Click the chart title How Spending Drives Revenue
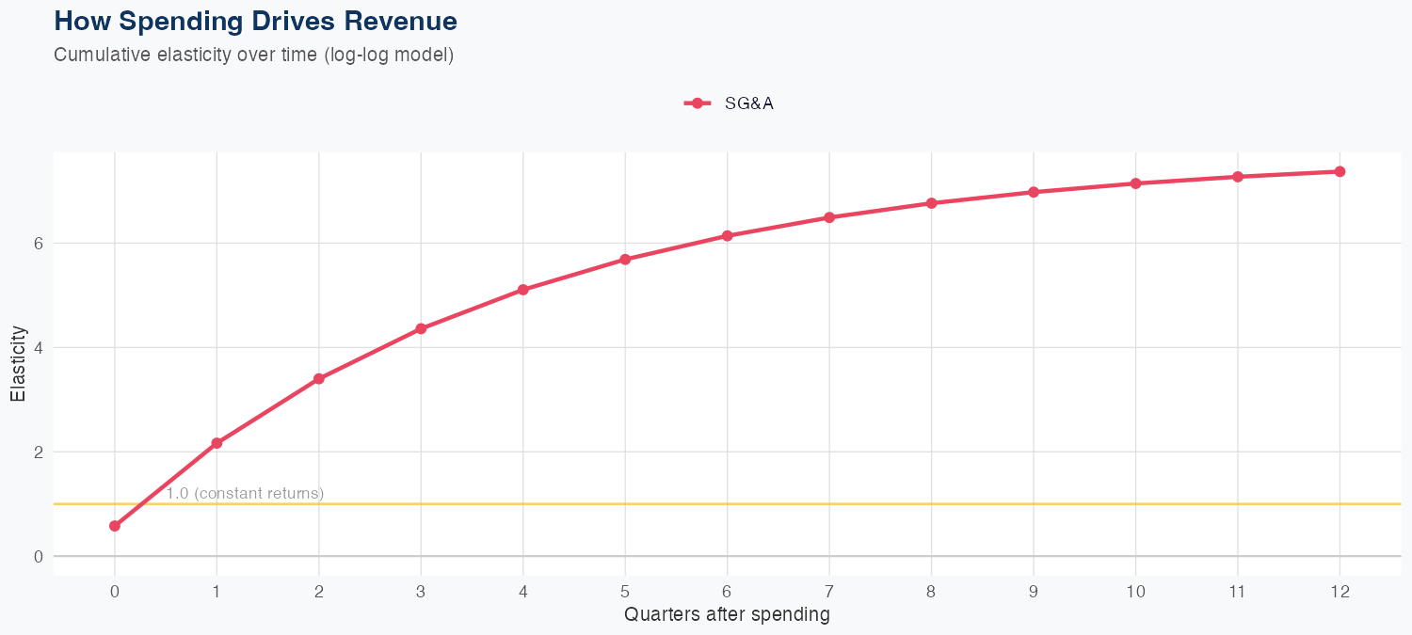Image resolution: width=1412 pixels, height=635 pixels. (x=256, y=21)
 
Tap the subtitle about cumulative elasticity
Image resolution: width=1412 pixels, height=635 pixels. (x=254, y=55)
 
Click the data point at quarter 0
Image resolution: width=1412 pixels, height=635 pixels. (x=115, y=526)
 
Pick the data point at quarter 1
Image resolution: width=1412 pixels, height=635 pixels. (x=217, y=443)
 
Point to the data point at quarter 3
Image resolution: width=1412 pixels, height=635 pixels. (x=421, y=328)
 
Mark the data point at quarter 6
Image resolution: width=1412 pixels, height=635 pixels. (x=727, y=235)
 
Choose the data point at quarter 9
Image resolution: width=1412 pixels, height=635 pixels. (x=1034, y=192)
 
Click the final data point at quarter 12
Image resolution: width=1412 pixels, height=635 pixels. (x=1340, y=171)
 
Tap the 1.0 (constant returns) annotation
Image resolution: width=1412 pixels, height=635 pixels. (x=245, y=493)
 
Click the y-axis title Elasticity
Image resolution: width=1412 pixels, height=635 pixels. (x=18, y=363)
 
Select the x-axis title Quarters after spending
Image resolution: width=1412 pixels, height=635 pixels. (x=727, y=615)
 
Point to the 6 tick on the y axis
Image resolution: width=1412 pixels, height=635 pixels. (x=39, y=243)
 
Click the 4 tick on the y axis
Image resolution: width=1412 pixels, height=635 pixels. (x=39, y=347)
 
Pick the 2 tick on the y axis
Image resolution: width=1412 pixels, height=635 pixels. (x=39, y=452)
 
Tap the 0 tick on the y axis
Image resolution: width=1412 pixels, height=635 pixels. (x=39, y=556)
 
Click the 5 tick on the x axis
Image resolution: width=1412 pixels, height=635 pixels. (x=625, y=592)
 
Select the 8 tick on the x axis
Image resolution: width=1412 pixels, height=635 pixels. (x=931, y=592)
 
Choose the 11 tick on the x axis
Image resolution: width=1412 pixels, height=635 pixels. (x=1237, y=592)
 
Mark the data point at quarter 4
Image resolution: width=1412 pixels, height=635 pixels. (x=522, y=290)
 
